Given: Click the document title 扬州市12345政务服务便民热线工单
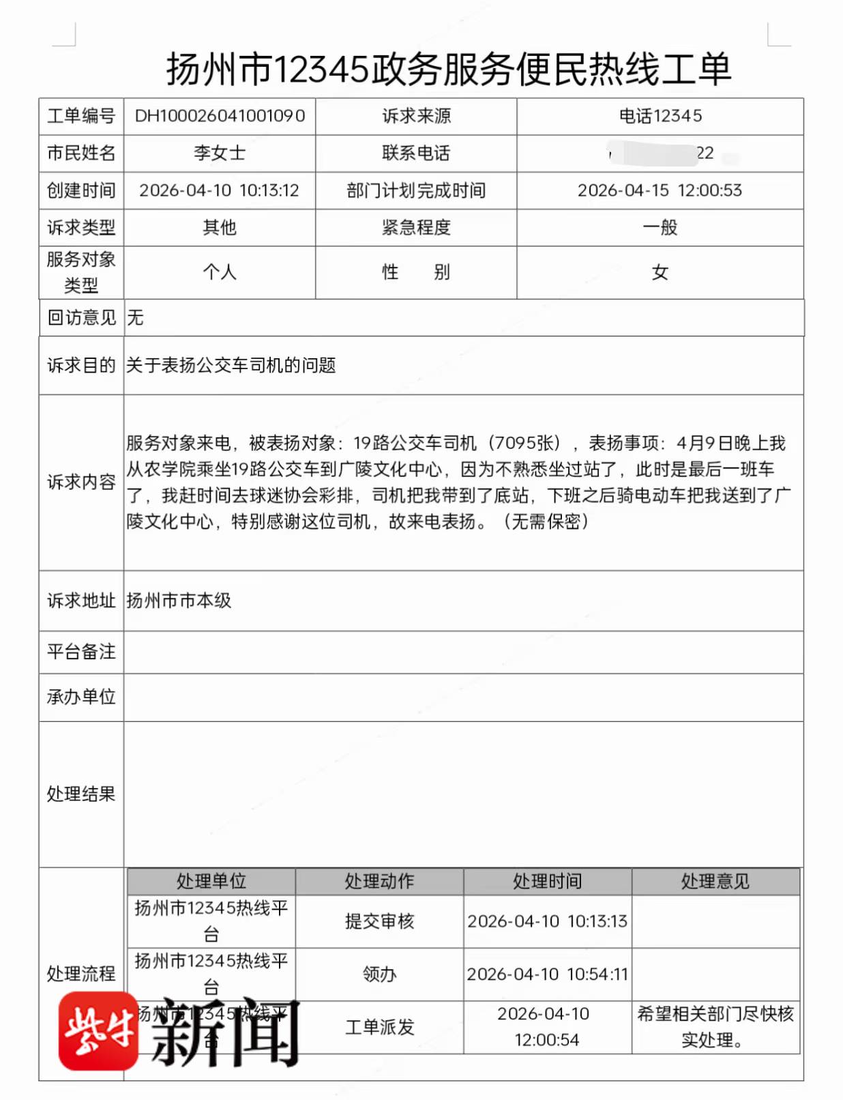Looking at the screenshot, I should coord(449,69).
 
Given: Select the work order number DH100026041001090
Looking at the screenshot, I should coord(220,116).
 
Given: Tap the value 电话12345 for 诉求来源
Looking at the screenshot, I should coord(660,116).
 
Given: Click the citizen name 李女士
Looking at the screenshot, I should coord(220,153).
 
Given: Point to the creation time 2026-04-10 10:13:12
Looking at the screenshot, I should coord(220,190).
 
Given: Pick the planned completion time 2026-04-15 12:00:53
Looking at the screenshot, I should coord(660,190).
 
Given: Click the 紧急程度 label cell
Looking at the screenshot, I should coord(416,227).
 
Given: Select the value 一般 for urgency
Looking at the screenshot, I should coord(660,227).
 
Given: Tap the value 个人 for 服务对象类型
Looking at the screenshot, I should coord(220,272).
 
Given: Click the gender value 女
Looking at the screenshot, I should coord(660,272).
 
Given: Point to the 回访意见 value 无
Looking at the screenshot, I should coord(135,317).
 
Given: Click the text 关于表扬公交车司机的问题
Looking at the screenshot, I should coord(231,365).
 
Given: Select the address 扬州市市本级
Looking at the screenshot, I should coord(179,600).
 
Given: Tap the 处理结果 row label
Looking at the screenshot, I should coord(81,794).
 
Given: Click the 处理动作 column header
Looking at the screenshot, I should coord(379,881).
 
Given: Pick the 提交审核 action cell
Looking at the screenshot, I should coord(379,921).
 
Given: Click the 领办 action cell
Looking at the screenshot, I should coord(379,974).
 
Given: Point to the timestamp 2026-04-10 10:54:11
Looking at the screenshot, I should coord(547,974).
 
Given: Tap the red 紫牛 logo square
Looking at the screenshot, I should coord(98,1031).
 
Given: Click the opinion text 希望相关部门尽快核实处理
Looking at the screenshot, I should coord(715,1026).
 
